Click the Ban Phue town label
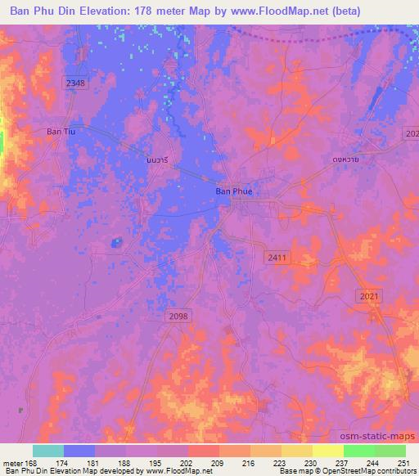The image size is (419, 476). pos(233,191)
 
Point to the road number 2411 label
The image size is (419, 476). pos(277,258)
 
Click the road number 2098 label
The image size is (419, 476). pos(177,316)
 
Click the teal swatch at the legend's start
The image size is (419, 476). pos(48,451)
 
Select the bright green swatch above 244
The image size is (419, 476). pos(359,451)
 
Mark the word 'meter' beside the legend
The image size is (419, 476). pos(12,462)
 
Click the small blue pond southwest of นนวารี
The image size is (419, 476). pos(117,241)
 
